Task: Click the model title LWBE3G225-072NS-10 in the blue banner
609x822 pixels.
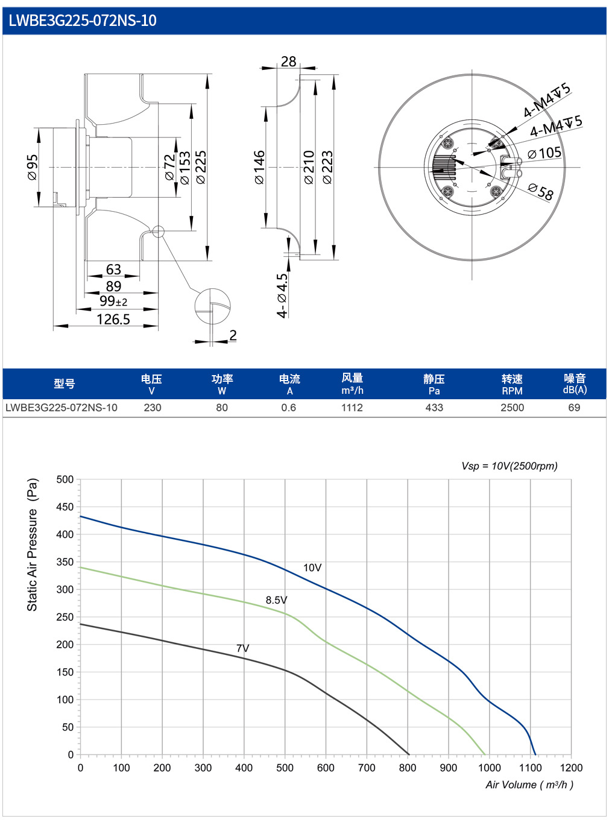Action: [82, 21]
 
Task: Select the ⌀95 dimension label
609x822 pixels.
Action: [33, 168]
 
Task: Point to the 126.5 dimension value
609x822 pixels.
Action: [113, 320]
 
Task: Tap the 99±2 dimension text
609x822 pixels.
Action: [113, 302]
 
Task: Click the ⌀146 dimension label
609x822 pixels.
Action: [259, 167]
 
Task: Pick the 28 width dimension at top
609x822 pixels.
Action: [288, 62]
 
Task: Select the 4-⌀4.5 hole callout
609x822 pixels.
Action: [282, 296]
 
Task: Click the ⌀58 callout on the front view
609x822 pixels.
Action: [541, 191]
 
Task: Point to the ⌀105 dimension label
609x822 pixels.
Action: [544, 153]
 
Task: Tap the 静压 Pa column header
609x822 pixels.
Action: [434, 384]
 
